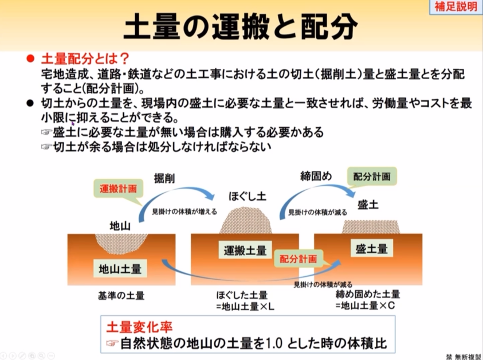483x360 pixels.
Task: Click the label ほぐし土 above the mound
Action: coord(248,195)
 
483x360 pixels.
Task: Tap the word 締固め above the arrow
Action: coord(316,175)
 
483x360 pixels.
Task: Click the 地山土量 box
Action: coord(120,267)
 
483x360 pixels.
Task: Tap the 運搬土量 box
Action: coord(245,251)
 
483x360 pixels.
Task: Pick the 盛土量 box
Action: coord(371,248)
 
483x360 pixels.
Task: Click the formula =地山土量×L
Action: coord(245,306)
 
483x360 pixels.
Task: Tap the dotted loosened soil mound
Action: coord(248,221)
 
